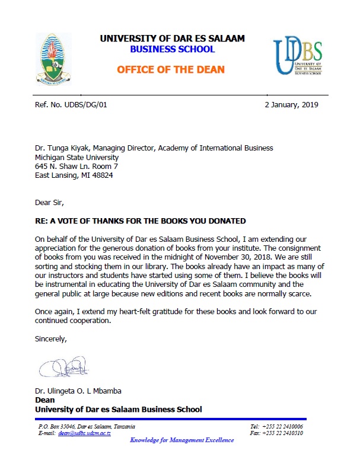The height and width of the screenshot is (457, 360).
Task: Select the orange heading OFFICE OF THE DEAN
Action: click(x=171, y=70)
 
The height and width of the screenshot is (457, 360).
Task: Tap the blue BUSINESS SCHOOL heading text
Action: click(x=171, y=50)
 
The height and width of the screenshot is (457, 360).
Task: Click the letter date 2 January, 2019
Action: click(x=291, y=105)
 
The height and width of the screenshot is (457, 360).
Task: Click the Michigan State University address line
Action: click(x=77, y=158)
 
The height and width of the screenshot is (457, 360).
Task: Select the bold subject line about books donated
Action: click(x=141, y=221)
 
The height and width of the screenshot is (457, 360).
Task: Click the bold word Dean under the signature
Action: click(x=45, y=400)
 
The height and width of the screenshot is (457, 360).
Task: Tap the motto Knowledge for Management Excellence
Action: click(x=181, y=440)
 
